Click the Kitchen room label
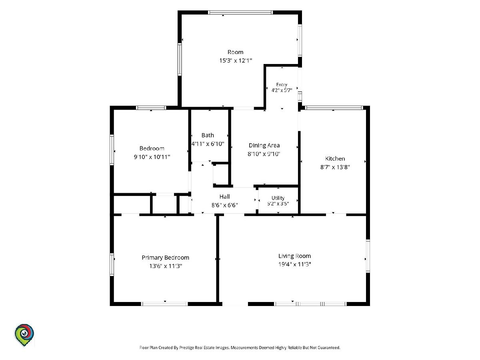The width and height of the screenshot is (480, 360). coord(335,159)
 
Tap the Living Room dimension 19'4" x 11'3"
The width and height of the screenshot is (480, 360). coord(294,264)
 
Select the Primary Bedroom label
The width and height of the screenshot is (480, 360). coord(165,258)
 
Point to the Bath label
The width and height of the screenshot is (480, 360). coord(208,135)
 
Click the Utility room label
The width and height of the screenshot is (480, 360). coord(278,198)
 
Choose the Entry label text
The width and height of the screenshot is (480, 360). coord(282,84)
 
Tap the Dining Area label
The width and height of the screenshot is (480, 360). coord(264,146)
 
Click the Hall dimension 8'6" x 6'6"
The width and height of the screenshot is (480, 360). coord(224,205)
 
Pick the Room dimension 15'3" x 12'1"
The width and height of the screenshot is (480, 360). coord(236,60)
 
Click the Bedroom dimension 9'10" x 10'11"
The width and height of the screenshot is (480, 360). coord(152,157)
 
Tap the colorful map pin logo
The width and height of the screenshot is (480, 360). coord(24,335)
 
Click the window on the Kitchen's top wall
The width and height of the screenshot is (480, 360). coord(334,108)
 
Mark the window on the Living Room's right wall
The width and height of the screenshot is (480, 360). coord(368,256)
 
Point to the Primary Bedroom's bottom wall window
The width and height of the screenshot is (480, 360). coord(164,304)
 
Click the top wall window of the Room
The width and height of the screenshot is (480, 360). coord(240,12)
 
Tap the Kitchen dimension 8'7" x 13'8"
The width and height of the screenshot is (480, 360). coord(335,167)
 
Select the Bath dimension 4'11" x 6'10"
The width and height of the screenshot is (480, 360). coord(208,144)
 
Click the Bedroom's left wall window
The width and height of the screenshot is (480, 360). coord(112,150)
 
